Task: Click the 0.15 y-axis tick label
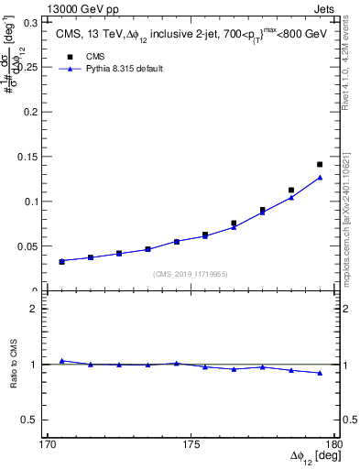(x=35, y=157)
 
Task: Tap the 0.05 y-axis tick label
(x=35, y=246)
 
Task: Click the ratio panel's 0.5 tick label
(x=37, y=420)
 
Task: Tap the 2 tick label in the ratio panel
(x=41, y=309)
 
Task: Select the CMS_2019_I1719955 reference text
(x=191, y=273)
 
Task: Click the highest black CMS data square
(x=320, y=165)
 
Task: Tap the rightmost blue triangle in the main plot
(x=320, y=178)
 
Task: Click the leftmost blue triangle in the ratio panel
(x=61, y=361)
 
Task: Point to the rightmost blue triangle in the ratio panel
(x=320, y=373)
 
